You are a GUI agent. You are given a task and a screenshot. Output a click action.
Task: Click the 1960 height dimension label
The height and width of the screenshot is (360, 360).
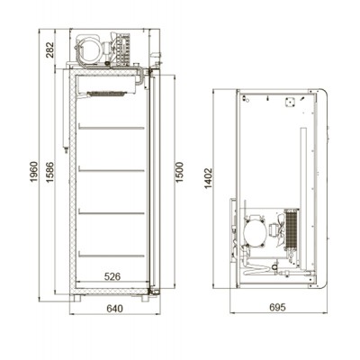coord(34,172)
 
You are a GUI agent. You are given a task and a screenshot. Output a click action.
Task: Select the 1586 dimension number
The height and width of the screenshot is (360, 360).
coord(49,172)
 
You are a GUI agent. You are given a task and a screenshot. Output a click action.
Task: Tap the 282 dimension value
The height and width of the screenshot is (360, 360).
coord(49,49)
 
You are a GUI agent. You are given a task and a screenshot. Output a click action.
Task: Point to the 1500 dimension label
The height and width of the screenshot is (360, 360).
coord(179,172)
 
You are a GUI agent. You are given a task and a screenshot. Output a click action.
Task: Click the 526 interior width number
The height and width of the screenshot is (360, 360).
coord(112,276)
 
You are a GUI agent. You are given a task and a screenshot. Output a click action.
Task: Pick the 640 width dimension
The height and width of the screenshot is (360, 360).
coord(114,309)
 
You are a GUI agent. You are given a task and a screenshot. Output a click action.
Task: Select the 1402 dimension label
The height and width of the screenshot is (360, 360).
coord(208,178)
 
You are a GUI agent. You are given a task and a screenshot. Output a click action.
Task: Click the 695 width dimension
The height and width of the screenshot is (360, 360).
coord(277,307)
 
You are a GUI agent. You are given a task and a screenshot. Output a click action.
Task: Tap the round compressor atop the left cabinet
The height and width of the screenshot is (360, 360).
coord(89,49)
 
